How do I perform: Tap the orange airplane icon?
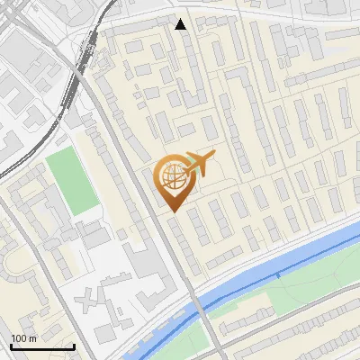[201, 164]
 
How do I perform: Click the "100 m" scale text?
[24, 338]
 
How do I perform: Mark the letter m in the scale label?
[33, 338]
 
